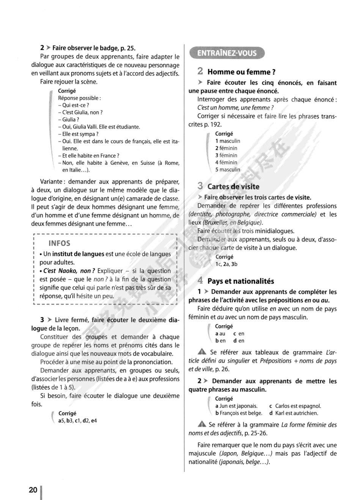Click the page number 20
(33, 490)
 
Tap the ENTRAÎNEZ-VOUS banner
(227, 53)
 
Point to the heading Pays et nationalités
(241, 281)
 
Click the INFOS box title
(60, 243)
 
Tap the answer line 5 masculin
(228, 170)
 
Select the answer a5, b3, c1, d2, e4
(77, 421)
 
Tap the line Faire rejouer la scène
(69, 82)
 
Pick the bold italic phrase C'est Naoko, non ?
(69, 271)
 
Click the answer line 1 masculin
(228, 141)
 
